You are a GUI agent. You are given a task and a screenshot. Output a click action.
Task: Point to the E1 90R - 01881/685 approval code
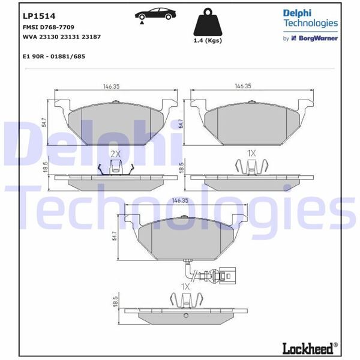53,56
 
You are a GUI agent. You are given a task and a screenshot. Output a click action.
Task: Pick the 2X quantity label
116,154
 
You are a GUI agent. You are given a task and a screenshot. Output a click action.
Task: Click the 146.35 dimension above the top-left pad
110,86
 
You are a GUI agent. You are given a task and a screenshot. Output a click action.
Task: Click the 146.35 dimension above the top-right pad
243,86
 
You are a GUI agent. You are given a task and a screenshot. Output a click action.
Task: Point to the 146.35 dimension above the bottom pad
180,202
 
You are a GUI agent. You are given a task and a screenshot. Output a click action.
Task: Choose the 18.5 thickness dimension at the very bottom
113,302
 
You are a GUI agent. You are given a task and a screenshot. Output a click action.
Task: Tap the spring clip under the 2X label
116,168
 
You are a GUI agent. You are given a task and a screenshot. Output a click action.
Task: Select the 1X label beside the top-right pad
251,154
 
